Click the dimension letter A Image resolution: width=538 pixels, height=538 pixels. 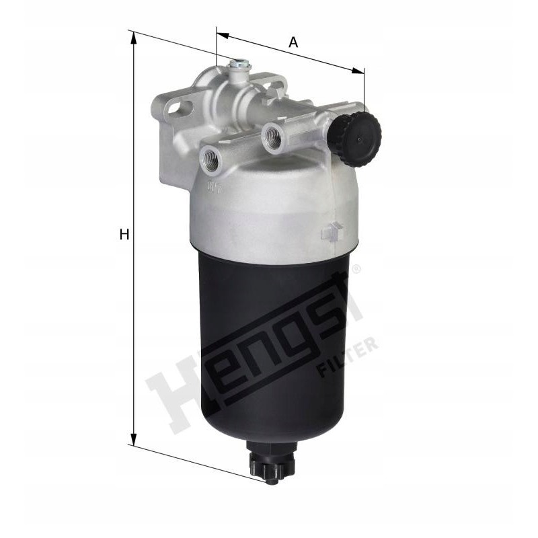click(293, 42)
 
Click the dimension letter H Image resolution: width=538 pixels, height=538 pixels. click(124, 235)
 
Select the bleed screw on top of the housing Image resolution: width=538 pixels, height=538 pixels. click(238, 67)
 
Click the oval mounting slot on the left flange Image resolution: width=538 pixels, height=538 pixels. click(177, 107)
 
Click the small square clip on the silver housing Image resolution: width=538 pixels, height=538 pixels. click(331, 232)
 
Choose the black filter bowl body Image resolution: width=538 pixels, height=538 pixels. click(276, 350)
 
